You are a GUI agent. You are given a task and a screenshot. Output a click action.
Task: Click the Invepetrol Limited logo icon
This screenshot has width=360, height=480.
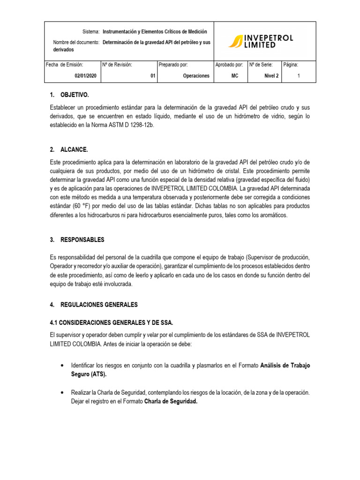(x=235, y=42)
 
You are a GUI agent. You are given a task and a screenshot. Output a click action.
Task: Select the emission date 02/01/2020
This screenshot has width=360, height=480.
(x=85, y=76)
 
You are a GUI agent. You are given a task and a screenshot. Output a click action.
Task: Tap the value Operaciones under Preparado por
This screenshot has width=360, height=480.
(x=196, y=76)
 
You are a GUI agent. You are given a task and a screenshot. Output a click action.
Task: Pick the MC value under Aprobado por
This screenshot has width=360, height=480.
(x=235, y=76)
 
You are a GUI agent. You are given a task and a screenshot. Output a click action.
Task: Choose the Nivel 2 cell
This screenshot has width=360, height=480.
(x=271, y=76)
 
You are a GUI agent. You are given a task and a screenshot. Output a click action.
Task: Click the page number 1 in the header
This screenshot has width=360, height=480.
(x=299, y=76)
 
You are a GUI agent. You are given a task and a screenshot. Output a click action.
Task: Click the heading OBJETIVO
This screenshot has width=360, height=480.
(x=74, y=95)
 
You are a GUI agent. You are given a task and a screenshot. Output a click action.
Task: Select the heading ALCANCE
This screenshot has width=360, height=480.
(x=74, y=150)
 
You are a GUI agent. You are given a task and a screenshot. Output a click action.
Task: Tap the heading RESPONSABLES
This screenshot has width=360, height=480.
(x=82, y=240)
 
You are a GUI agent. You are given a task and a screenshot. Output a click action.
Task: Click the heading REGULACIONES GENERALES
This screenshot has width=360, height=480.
(x=99, y=305)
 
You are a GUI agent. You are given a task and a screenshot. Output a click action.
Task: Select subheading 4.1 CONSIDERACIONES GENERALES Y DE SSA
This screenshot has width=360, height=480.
(x=111, y=322)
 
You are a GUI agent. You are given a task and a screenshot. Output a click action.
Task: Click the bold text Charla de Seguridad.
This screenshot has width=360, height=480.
(x=171, y=401)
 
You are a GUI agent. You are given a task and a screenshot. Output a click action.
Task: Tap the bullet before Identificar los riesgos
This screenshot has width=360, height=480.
(x=63, y=365)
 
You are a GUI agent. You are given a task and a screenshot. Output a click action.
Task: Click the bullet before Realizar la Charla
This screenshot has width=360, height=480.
(x=63, y=392)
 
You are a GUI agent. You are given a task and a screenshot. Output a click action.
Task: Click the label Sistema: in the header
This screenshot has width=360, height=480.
(x=91, y=31)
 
